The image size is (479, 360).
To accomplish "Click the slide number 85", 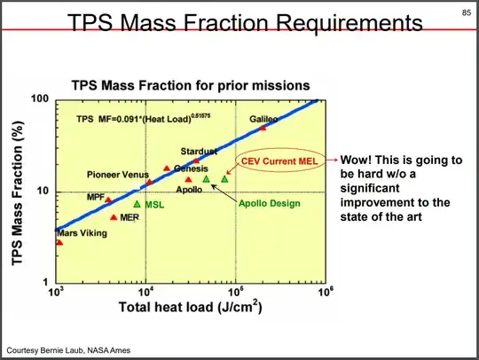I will coord(464,12).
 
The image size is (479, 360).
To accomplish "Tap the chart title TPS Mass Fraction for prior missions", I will coord(190,85).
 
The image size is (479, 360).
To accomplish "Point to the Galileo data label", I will coord(263,118).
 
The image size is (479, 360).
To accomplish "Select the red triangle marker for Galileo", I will coord(262,129).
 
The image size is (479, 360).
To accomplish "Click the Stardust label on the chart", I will coord(199,152).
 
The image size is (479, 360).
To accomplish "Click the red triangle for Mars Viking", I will coord(59,242).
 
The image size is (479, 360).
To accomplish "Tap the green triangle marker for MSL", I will coord(137,204).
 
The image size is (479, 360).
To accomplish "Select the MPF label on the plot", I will coord(96,196).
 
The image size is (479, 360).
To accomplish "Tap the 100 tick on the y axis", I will coord(41,98).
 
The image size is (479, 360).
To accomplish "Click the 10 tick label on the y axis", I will coord(43,192).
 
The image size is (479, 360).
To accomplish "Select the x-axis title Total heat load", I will coord(189,308).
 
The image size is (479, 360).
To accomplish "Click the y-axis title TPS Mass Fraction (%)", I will coord(16,191).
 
